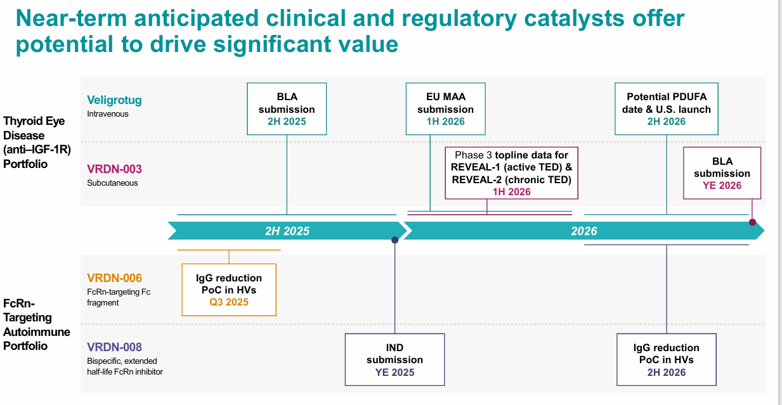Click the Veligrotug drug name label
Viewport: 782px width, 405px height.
114,100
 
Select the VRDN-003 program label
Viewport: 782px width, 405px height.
114,169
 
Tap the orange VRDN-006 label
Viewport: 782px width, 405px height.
114,278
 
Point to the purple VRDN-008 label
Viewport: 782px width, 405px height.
114,347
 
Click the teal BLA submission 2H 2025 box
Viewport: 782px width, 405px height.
287,108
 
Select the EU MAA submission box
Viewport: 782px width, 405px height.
445,108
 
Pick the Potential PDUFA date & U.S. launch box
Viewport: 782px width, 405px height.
666,108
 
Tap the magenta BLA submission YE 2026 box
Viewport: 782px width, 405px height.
722,173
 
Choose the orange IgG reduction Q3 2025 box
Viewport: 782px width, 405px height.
229,290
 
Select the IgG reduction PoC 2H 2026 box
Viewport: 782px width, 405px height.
666,359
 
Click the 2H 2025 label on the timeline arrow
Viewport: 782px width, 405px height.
287,231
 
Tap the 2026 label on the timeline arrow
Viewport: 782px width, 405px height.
583,231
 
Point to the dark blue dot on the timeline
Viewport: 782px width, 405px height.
395,240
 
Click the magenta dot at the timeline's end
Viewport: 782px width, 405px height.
752,222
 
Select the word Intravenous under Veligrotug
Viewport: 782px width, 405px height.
108,115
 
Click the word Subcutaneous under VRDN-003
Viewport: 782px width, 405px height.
112,183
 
